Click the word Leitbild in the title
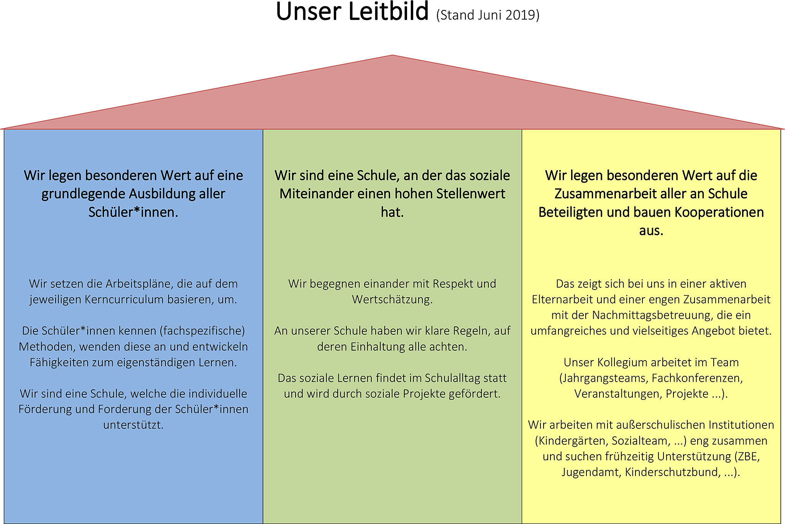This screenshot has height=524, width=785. click(x=388, y=12)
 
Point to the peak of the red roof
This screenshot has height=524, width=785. click(x=392, y=55)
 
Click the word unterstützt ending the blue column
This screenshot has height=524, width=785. click(x=133, y=425)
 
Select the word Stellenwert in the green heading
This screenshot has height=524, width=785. click(x=471, y=194)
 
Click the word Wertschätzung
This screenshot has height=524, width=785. click(x=392, y=299)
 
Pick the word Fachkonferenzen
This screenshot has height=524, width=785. click(x=697, y=378)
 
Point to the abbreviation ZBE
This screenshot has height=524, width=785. click(x=749, y=456)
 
